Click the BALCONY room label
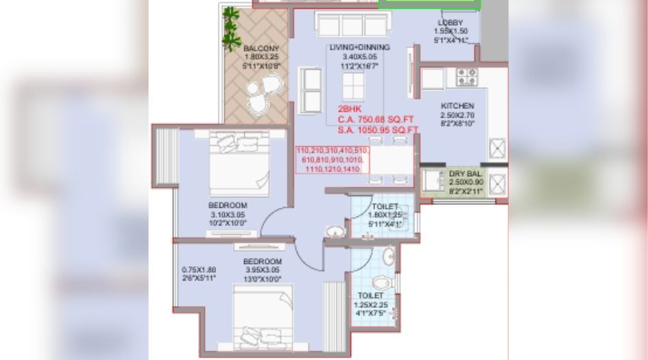click(260, 48)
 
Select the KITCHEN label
click(457, 106)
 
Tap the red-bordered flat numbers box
click(333, 159)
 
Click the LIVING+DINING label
click(359, 47)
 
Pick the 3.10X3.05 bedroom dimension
click(228, 215)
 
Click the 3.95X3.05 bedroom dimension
click(263, 270)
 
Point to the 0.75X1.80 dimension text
click(198, 269)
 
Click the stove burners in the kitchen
click(467, 75)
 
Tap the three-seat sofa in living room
click(352, 24)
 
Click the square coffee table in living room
click(355, 87)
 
